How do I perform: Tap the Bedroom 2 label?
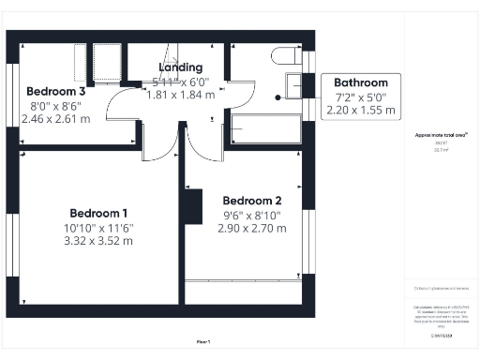(251, 200)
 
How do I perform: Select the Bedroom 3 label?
(55, 91)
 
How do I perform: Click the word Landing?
(181, 67)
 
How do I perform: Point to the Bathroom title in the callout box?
(361, 82)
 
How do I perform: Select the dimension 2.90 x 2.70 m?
(251, 228)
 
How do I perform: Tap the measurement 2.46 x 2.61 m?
(55, 118)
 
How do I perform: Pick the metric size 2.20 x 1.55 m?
(361, 110)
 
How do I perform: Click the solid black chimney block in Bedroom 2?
(193, 207)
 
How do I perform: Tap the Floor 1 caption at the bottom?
(203, 341)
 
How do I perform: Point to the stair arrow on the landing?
(172, 52)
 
